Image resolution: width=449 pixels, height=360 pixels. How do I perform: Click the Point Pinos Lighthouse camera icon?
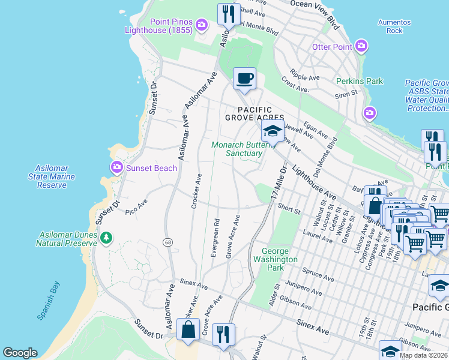(x=202, y=25)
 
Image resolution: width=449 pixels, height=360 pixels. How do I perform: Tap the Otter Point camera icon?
(x=361, y=46)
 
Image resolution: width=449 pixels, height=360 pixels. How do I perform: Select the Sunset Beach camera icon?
(x=116, y=167)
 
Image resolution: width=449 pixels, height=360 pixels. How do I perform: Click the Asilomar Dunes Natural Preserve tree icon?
(x=106, y=238)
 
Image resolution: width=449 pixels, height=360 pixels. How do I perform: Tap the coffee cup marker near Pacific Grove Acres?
(x=244, y=79)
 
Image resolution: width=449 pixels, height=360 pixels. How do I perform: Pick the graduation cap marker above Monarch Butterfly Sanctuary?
(x=272, y=131)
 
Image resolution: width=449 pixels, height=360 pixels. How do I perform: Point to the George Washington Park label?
(x=275, y=259)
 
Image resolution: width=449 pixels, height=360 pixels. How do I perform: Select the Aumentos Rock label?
(x=394, y=26)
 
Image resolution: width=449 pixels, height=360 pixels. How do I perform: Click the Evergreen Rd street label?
(x=215, y=237)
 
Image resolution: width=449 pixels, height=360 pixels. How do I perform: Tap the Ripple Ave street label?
(x=305, y=76)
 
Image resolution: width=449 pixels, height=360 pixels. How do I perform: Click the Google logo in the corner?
(x=20, y=353)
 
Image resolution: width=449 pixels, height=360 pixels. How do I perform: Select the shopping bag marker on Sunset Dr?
(x=188, y=329)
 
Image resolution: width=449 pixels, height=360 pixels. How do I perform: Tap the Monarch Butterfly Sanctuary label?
(x=237, y=149)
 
